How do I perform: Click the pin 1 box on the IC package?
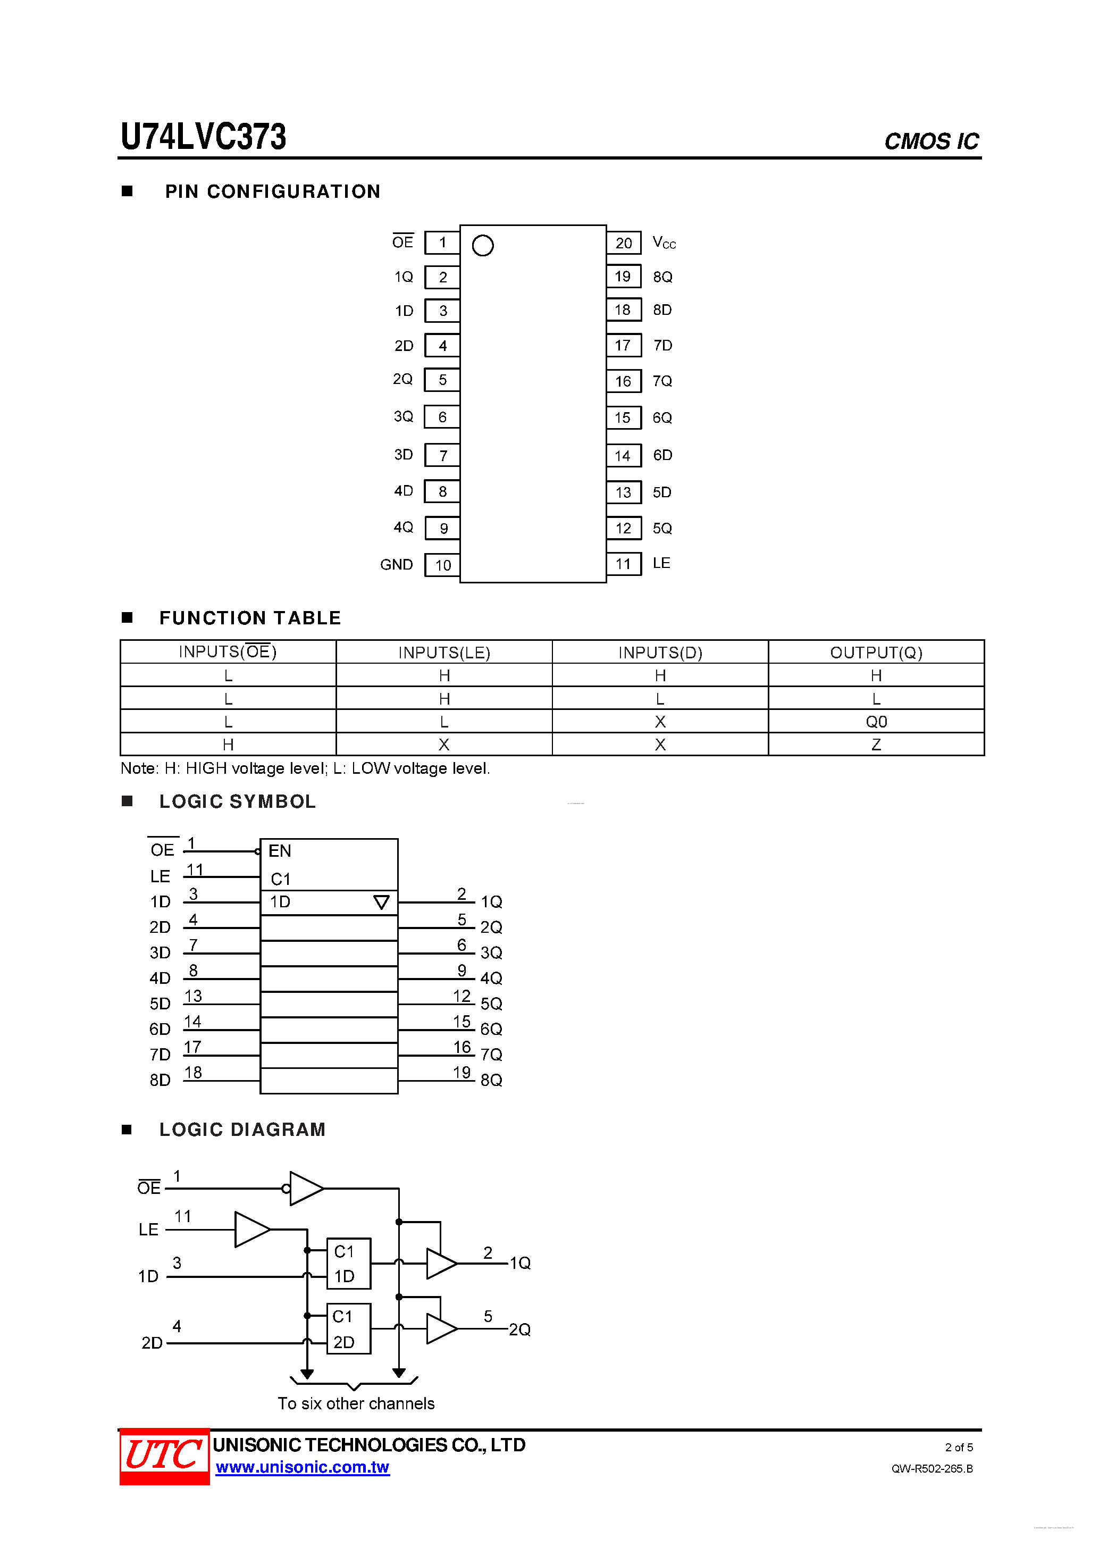[442, 243]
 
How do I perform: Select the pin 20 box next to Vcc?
[624, 243]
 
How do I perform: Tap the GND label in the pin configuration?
[396, 564]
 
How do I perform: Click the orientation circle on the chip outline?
[483, 245]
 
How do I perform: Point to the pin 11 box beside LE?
[624, 564]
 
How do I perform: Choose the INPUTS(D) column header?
[660, 652]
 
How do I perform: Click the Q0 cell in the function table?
[876, 721]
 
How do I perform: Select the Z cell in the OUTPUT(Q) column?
[876, 745]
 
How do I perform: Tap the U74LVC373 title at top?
[203, 136]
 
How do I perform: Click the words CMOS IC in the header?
[931, 141]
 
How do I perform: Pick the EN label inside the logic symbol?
[280, 851]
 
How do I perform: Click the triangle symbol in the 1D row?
[381, 902]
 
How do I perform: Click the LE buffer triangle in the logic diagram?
[251, 1229]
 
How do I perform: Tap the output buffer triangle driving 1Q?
[441, 1264]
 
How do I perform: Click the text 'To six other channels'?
[356, 1403]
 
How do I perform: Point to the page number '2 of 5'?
[959, 1448]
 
